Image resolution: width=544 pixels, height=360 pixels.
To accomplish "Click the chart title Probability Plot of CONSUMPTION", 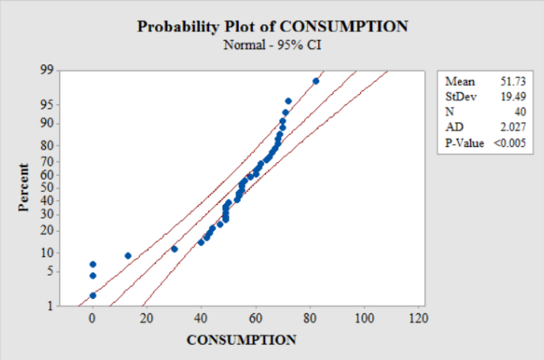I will coord(272,26).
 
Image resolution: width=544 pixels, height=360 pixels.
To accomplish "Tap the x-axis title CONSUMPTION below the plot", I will coord(241,339).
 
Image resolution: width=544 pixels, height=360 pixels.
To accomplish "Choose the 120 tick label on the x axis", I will coord(419,319).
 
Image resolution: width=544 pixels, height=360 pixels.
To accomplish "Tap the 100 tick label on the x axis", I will coord(364,319).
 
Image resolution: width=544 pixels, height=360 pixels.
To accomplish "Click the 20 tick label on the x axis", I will coord(146,319).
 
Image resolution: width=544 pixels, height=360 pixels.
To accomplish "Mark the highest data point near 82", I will coord(316,81).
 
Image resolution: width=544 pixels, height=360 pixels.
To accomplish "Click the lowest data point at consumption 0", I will coord(92,296).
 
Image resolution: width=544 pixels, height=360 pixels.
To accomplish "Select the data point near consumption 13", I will coord(128,256).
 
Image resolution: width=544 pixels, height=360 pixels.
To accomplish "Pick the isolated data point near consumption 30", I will coord(174,249).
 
